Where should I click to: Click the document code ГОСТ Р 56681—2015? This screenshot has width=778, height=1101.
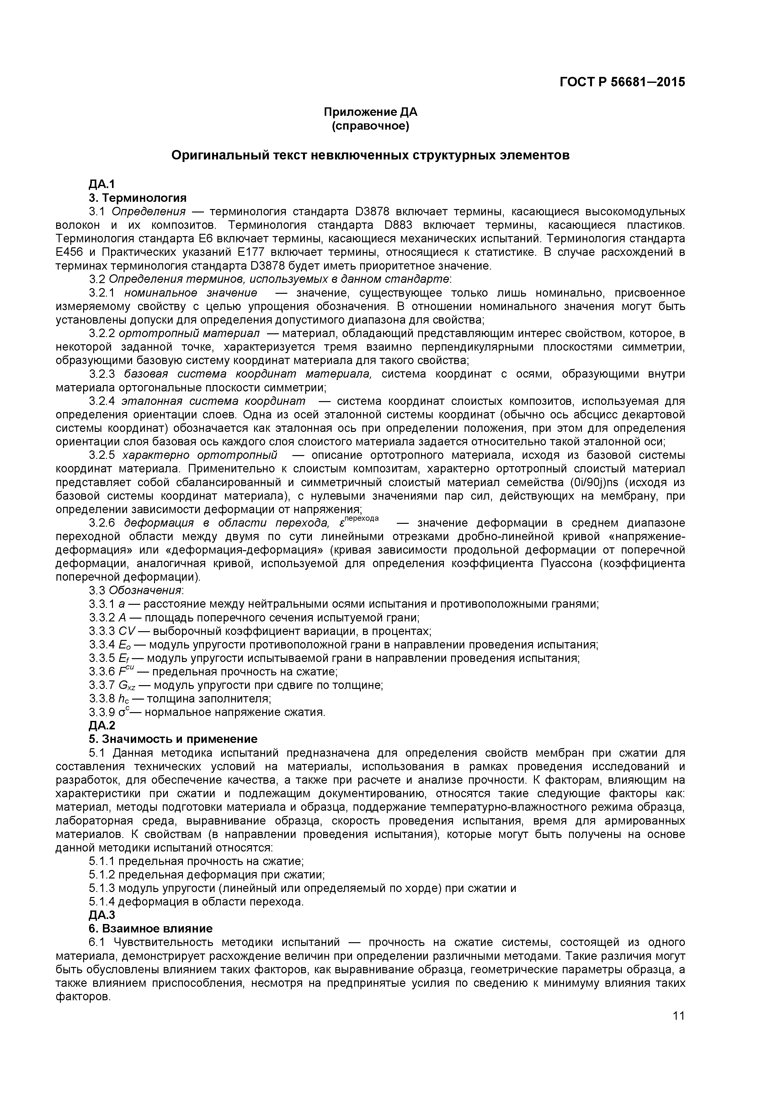point(622,82)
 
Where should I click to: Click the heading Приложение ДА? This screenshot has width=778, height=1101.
point(370,112)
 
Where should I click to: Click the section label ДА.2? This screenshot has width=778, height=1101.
point(102,726)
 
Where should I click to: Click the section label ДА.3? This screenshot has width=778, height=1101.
point(102,915)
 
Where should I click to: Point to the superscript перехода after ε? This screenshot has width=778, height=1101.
point(362,518)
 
